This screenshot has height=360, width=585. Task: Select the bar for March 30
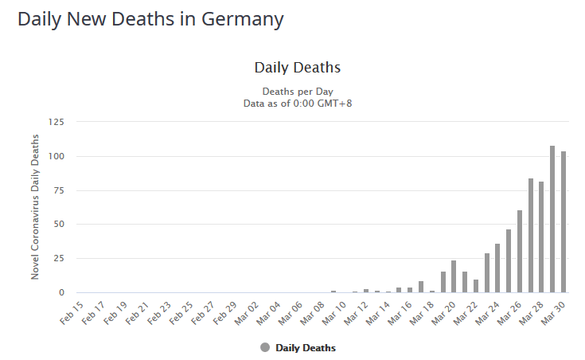point(564,222)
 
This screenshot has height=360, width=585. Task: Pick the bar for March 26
point(520,252)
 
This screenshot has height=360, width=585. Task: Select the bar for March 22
point(476,286)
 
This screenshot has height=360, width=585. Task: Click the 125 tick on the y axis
point(57,122)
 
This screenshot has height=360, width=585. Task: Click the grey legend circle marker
point(265,348)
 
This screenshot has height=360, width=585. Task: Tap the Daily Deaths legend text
point(306,348)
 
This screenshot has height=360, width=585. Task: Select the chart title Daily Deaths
point(297,68)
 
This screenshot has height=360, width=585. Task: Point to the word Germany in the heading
point(240,19)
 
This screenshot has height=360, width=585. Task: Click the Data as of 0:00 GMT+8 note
point(297,103)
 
